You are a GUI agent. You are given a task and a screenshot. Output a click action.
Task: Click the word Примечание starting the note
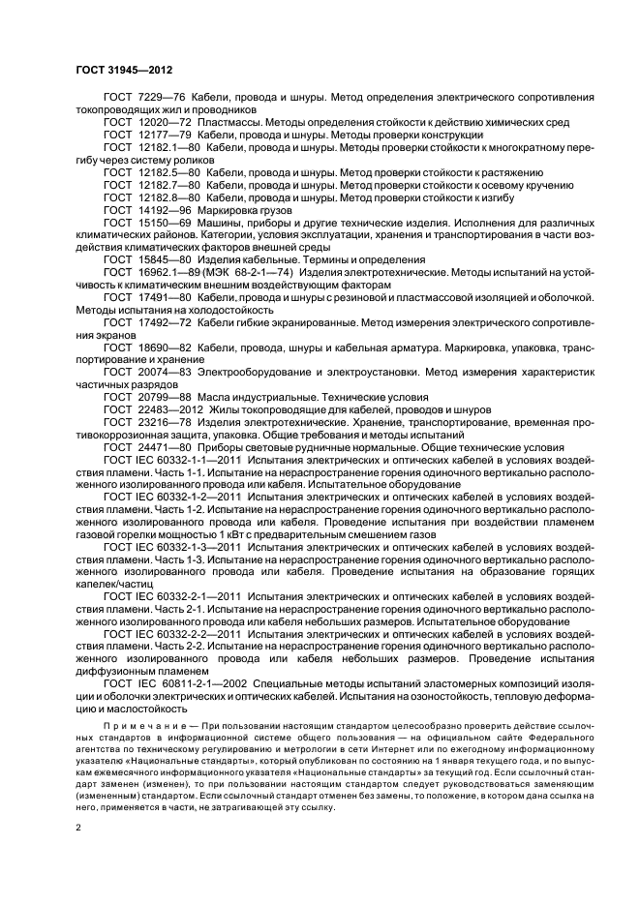tap(141, 723)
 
